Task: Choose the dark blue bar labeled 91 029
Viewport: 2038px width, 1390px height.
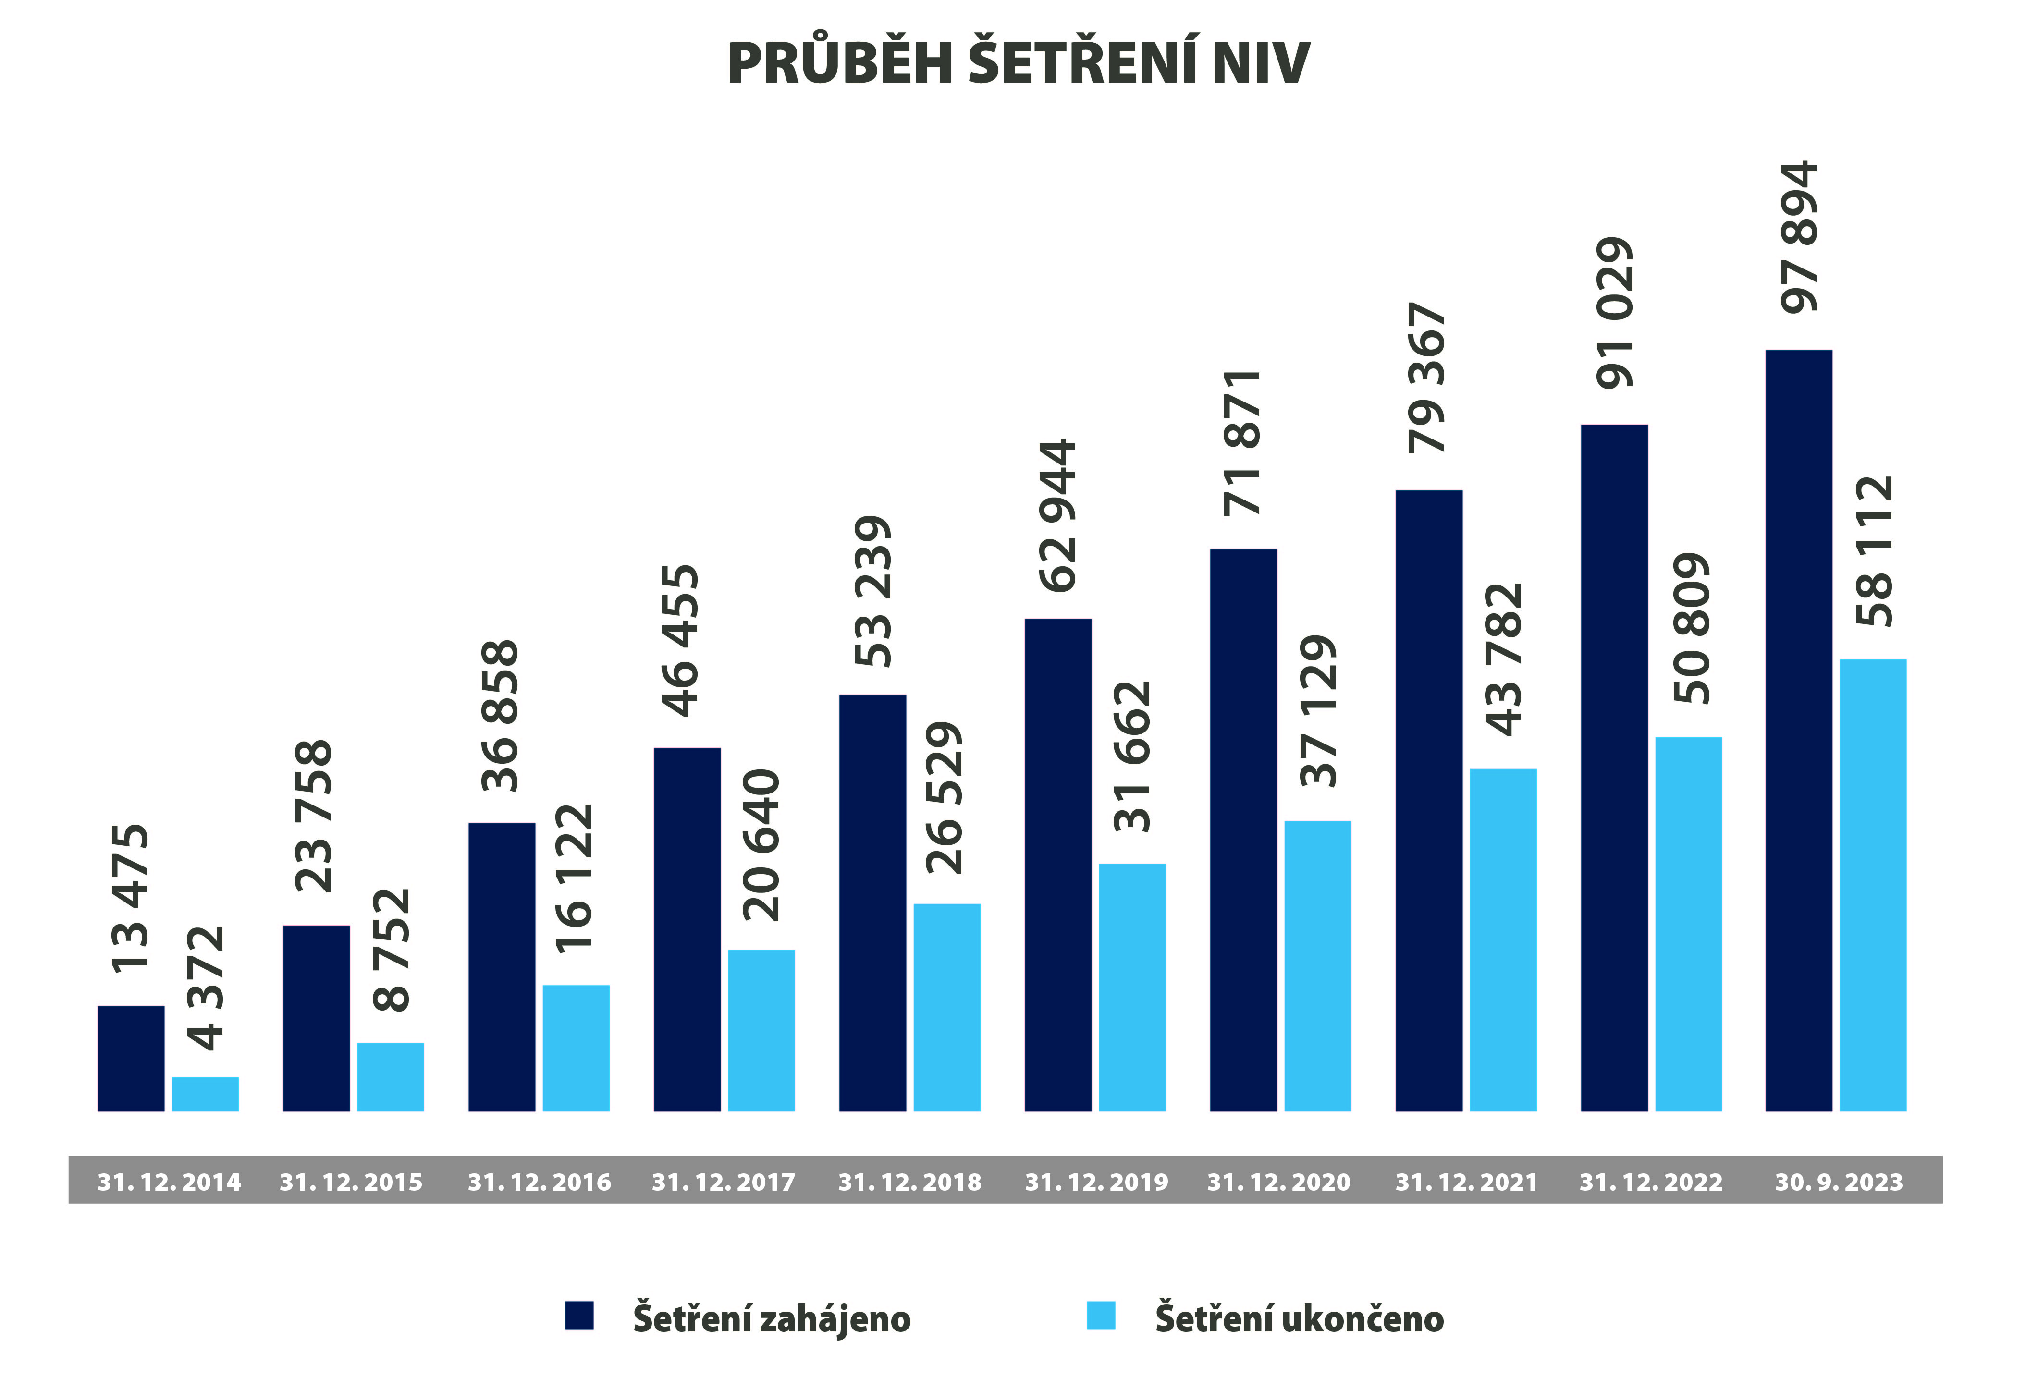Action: pyautogui.click(x=1614, y=768)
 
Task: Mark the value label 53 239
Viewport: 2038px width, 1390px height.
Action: pyautogui.click(x=872, y=591)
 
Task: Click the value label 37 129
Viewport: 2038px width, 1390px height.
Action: pyautogui.click(x=1318, y=711)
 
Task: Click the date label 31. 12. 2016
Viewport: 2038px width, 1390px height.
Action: pyautogui.click(x=540, y=1182)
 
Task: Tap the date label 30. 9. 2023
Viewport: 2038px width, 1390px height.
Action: pyautogui.click(x=1839, y=1182)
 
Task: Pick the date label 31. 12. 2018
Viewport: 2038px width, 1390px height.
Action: pyautogui.click(x=909, y=1182)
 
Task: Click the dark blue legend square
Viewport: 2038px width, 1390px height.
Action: pyautogui.click(x=579, y=1316)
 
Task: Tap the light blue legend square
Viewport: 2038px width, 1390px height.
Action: pyautogui.click(x=1101, y=1316)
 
